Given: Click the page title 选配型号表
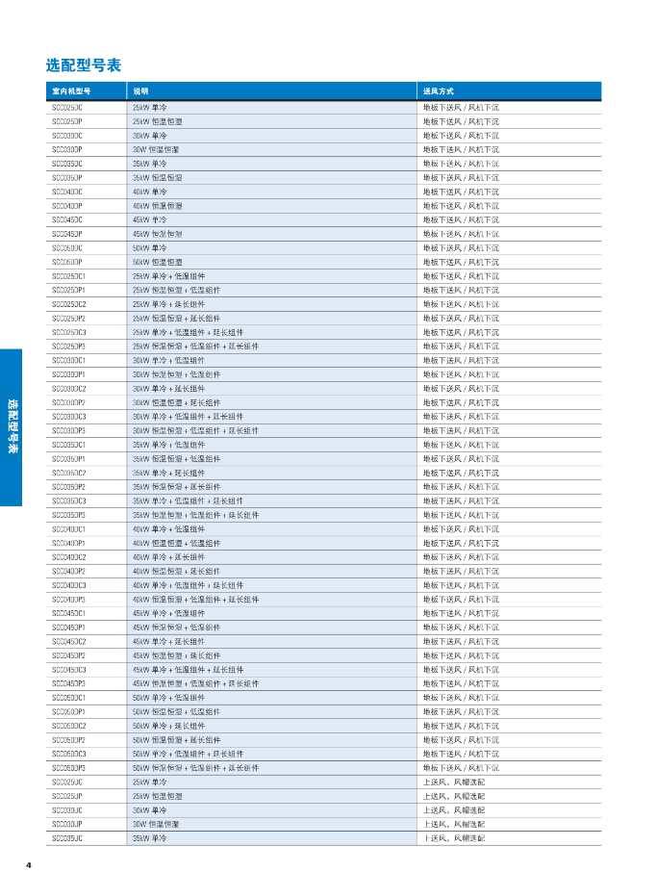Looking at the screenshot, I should point(84,65).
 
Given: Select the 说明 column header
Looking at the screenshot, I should point(141,91).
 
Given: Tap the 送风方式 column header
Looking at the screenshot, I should point(439,91).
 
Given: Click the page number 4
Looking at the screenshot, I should point(29,863).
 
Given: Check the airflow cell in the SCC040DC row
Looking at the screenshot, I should point(461,192).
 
